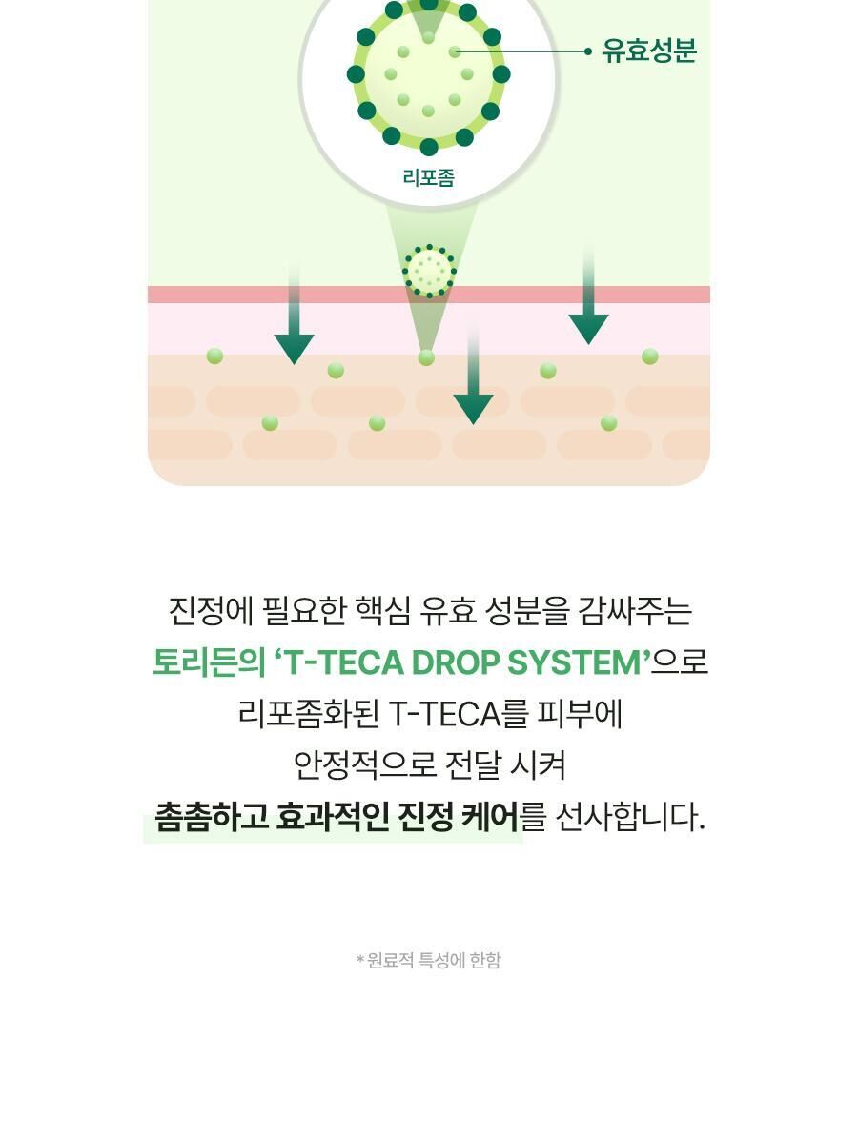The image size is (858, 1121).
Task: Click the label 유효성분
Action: click(649, 51)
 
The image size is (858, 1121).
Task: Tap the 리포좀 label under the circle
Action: click(429, 177)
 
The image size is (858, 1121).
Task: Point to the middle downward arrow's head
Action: click(473, 407)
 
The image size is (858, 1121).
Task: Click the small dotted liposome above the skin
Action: click(429, 272)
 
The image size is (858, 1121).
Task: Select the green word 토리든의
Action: click(208, 662)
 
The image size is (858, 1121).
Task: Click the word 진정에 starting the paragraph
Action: click(211, 611)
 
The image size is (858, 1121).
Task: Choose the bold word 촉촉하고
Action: click(210, 818)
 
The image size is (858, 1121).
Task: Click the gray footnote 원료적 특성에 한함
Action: click(434, 961)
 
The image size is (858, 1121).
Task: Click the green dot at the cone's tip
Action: click(426, 357)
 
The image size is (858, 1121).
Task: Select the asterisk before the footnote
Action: click(360, 960)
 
